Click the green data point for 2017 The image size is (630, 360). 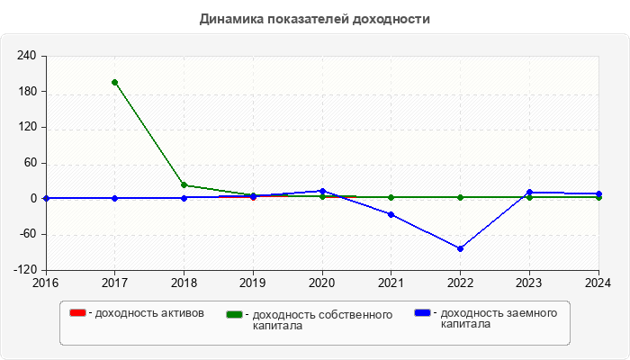coord(114,82)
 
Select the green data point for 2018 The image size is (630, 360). coord(184,185)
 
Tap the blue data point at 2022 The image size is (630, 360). coord(460,248)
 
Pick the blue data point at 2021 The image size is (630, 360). coord(391,214)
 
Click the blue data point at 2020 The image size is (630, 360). coord(322,191)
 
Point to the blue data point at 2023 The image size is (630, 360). coord(529,192)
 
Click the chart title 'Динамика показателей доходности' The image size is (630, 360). coord(315,19)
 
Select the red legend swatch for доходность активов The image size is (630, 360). coord(77,313)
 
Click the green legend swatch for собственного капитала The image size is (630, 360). coord(235,314)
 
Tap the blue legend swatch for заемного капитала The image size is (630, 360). coord(422,313)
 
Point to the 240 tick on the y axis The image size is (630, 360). coord(27,56)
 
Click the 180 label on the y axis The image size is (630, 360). coord(27,92)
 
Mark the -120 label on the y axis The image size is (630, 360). coord(24,270)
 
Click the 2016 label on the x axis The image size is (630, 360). coord(45,283)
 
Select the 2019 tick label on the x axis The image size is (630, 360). coord(253,283)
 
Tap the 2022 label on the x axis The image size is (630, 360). coord(460,283)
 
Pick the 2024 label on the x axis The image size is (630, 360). coord(598,283)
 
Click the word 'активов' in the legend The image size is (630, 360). coord(181,313)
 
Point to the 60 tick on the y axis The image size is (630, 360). coord(30,163)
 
